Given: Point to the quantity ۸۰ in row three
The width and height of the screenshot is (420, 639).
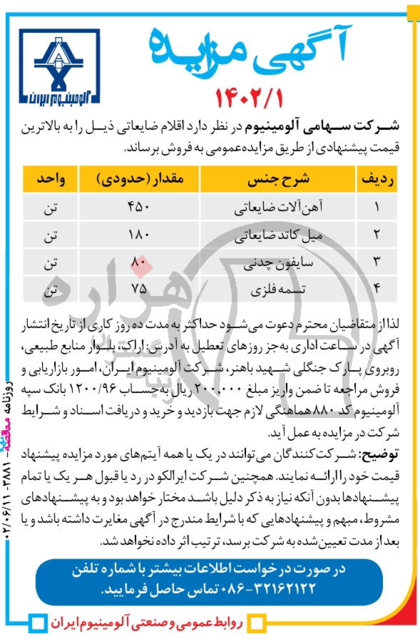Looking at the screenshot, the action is pyautogui.click(x=138, y=262).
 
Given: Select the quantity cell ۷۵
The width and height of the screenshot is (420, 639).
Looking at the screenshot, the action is pyautogui.click(x=138, y=290).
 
